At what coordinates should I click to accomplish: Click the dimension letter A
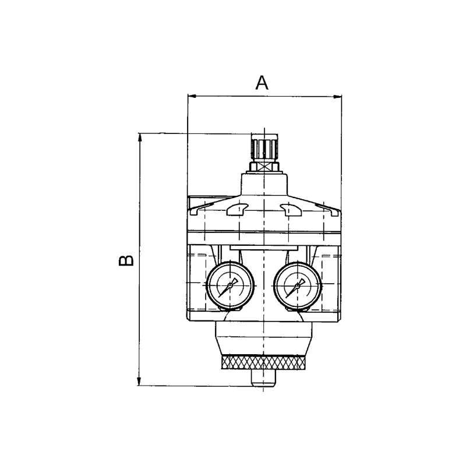click(x=262, y=83)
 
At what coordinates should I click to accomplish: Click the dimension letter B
click(x=126, y=260)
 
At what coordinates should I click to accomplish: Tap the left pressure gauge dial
click(x=230, y=285)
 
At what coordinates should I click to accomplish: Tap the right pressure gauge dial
click(x=297, y=285)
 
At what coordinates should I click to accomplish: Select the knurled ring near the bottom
click(x=264, y=362)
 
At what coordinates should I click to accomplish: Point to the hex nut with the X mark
click(x=264, y=167)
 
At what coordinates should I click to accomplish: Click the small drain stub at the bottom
click(x=264, y=377)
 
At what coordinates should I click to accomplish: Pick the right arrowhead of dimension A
click(x=337, y=96)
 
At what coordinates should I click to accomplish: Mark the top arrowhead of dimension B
click(x=139, y=138)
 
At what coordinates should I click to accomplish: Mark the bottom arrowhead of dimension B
click(x=139, y=382)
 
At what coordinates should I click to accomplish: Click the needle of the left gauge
click(x=228, y=287)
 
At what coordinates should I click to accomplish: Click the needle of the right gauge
click(x=295, y=287)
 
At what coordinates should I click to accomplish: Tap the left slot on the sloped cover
click(x=237, y=209)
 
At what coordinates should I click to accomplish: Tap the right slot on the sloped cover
click(x=291, y=209)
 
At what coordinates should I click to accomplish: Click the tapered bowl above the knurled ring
click(x=264, y=339)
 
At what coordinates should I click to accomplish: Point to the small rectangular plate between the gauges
click(x=264, y=248)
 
